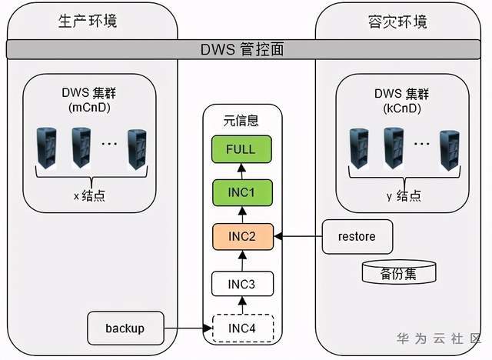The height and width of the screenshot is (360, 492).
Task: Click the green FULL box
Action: tap(241, 150)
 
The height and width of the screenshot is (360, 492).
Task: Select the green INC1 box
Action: tap(241, 192)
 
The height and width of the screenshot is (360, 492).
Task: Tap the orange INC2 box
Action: tap(241, 235)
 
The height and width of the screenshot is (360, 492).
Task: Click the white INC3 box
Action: tap(241, 285)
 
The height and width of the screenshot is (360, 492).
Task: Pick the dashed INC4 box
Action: tap(241, 328)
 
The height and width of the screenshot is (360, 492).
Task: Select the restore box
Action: tap(357, 235)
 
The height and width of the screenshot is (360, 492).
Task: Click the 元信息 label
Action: tap(241, 120)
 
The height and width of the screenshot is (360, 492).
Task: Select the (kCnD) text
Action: tap(398, 108)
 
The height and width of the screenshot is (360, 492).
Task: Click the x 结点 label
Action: tap(89, 195)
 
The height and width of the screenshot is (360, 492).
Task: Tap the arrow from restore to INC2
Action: tap(300, 235)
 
